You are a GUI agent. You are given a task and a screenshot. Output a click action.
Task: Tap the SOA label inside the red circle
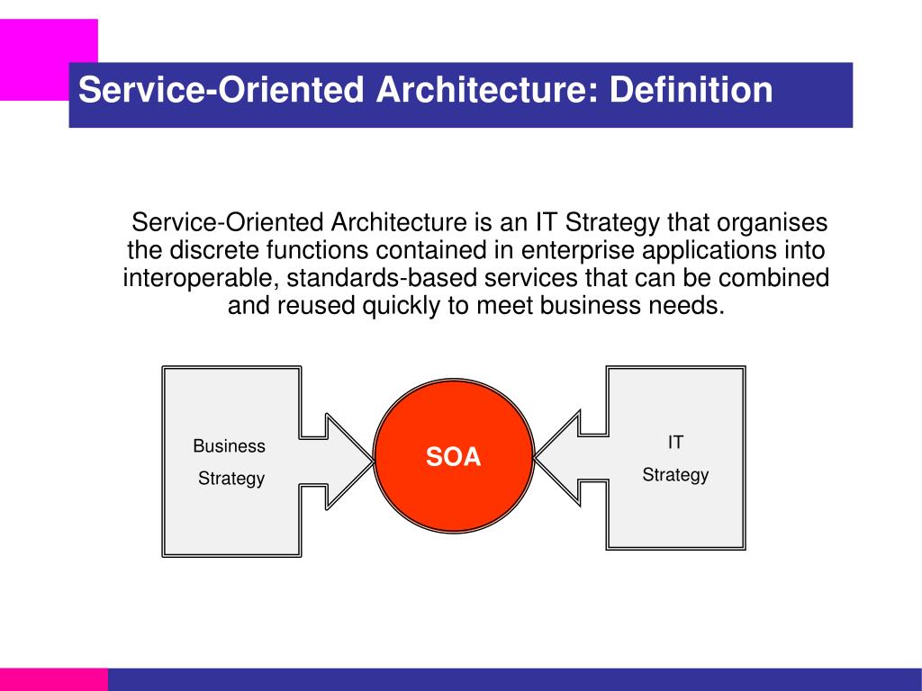pos(454,457)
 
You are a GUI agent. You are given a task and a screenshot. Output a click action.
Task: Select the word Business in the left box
pos(230,446)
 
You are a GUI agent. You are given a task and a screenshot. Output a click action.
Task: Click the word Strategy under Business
pos(231,479)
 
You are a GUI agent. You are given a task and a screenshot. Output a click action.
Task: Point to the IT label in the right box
pos(675,443)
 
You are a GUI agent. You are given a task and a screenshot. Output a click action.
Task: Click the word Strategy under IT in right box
pos(675,475)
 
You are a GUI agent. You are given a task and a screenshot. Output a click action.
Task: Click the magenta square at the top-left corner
pos(36,54)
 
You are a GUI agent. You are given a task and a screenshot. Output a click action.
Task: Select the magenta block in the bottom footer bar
pos(53,679)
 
